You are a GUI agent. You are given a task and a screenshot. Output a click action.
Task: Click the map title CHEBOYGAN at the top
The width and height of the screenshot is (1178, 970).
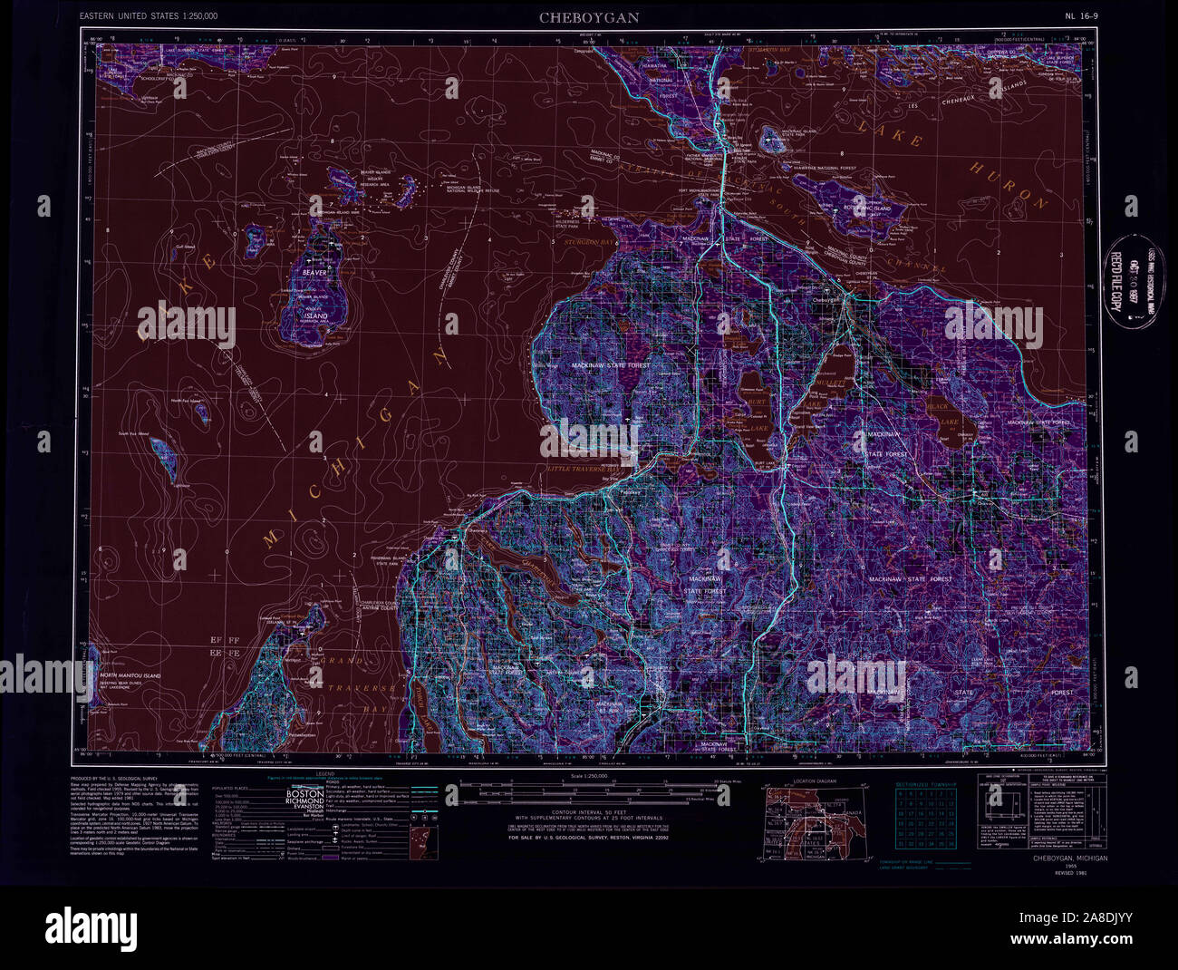(x=589, y=17)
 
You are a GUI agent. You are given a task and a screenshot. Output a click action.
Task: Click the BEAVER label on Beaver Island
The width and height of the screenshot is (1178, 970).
(x=315, y=271)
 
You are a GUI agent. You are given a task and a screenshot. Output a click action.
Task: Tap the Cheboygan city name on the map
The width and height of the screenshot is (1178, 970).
(x=826, y=299)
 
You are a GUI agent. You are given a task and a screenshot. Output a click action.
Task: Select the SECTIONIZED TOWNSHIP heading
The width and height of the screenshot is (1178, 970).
(x=926, y=781)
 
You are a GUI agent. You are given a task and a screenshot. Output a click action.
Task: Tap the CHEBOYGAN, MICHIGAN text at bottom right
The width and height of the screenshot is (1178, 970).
(x=1069, y=858)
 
